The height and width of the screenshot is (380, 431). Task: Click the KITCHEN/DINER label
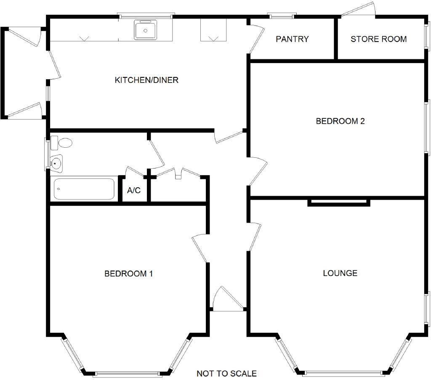point(146,80)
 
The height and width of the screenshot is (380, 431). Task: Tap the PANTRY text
point(292,39)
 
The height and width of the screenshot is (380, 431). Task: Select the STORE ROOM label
point(378,39)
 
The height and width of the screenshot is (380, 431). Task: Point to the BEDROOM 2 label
point(340,121)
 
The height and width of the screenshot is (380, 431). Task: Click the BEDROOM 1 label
point(129,274)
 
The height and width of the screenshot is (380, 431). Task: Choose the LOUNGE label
point(340,273)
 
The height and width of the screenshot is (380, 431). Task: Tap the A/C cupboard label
point(134,190)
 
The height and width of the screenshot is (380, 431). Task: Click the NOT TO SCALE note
point(226,373)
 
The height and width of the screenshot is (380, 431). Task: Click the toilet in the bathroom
point(61,143)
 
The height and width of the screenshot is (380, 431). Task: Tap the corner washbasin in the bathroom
point(56,164)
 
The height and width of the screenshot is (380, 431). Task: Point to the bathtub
point(84,189)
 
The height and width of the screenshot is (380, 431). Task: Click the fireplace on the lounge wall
point(339,202)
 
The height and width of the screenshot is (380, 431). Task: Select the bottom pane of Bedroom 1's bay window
point(127,374)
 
